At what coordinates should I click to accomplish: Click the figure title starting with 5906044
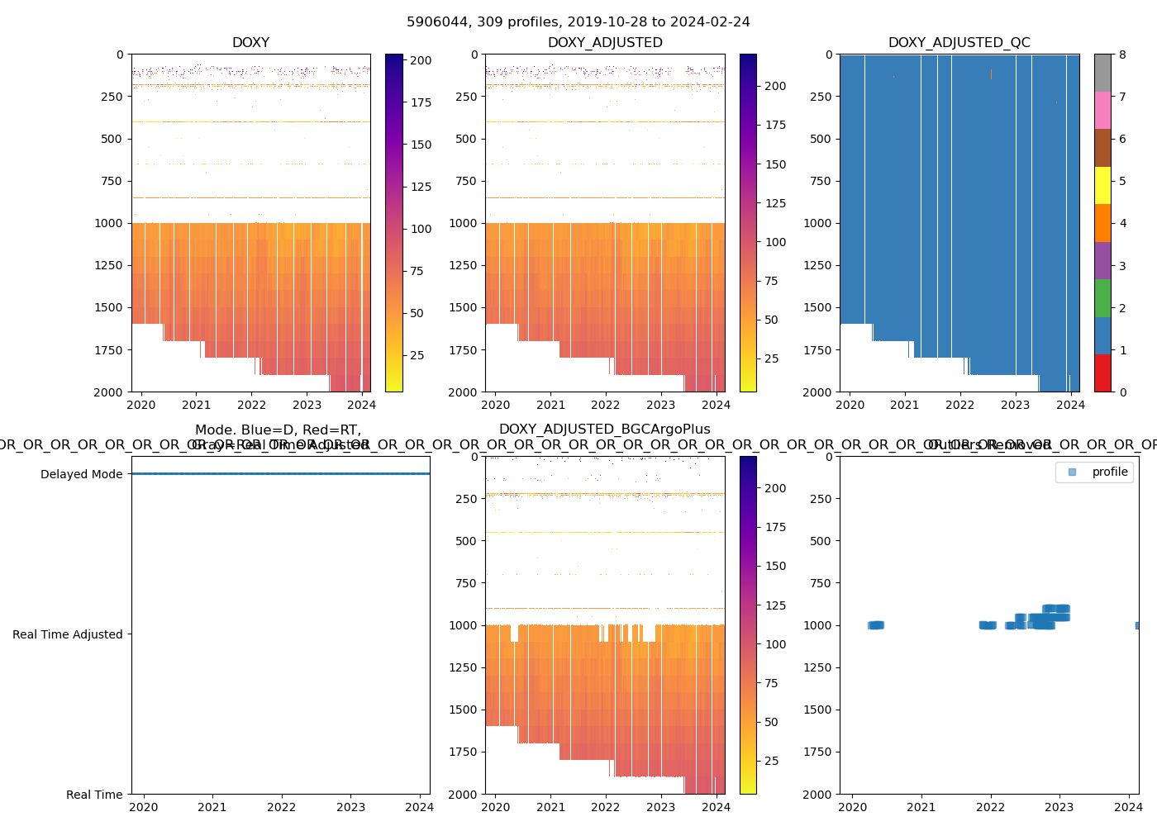(578, 22)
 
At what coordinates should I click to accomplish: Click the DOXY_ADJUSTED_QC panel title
(959, 43)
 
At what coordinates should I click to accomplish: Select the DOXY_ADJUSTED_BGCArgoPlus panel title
(604, 430)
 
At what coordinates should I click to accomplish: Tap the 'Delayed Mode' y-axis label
(81, 474)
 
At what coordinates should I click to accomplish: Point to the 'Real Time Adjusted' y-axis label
(67, 634)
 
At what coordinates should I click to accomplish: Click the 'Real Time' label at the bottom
(94, 795)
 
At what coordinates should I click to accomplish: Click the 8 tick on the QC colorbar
(1122, 55)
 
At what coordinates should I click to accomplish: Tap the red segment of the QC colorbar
(1102, 373)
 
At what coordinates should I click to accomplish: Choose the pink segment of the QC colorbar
(1102, 111)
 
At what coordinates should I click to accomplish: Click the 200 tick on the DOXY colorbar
(421, 60)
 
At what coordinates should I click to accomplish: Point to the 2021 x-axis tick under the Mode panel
(212, 807)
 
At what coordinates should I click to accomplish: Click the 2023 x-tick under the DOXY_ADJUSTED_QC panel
(1015, 405)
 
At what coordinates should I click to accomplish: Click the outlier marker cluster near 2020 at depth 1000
(876, 625)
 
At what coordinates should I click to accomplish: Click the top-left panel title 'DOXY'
(250, 43)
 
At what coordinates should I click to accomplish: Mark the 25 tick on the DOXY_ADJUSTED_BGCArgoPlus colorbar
(771, 761)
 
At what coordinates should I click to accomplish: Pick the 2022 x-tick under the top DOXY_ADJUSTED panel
(605, 405)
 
